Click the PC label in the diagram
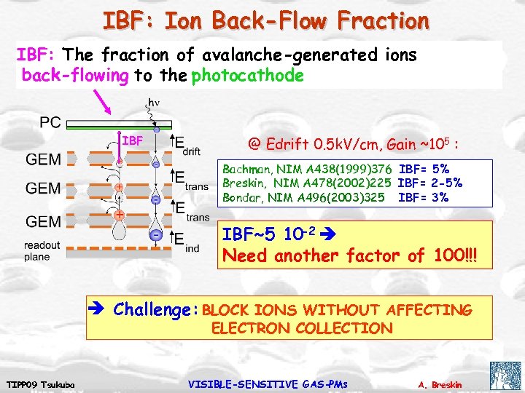pos(50,123)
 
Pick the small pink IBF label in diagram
pos(133,139)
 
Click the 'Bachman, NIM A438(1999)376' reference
pos(307,169)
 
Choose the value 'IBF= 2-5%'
pos(430,183)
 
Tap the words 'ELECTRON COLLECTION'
pos(302,328)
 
